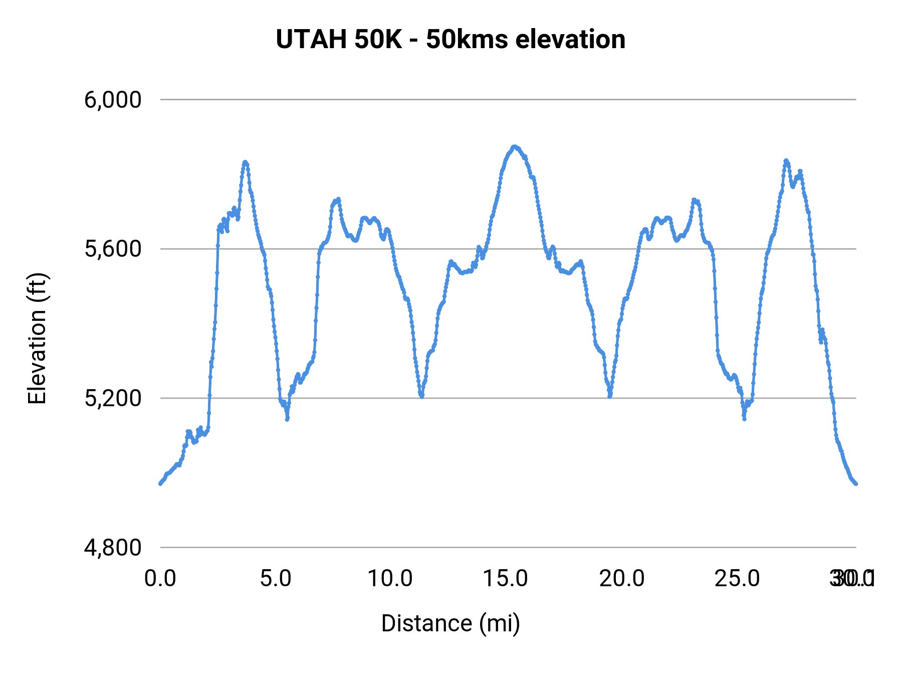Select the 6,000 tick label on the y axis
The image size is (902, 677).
click(113, 100)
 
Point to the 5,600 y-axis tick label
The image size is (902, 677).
click(113, 249)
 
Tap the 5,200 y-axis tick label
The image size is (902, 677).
click(113, 398)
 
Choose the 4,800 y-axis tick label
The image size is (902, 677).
click(113, 548)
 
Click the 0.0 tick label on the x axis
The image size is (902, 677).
click(160, 579)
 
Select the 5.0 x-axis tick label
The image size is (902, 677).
click(276, 579)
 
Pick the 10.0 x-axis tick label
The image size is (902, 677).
click(390, 579)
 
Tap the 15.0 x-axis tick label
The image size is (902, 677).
click(505, 579)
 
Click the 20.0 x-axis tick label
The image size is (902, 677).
click(622, 579)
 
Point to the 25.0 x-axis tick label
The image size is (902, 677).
click(737, 579)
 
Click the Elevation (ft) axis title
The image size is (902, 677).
click(37, 339)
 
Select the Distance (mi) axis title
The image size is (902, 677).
click(450, 623)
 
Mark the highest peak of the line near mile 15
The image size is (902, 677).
click(514, 146)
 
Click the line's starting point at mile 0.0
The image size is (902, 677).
click(160, 483)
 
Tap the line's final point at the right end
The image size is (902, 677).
click(856, 483)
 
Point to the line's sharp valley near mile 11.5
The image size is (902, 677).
click(422, 396)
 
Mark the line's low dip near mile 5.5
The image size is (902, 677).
click(287, 419)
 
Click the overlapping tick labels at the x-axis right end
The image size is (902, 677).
click(852, 579)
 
